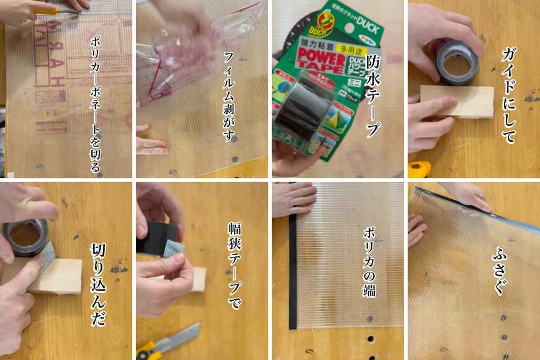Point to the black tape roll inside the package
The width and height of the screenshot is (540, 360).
(302, 112)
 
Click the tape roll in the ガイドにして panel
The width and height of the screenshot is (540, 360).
(457, 61)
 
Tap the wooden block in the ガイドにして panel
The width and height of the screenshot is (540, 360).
(457, 101)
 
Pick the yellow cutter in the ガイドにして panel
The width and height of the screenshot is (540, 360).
(420, 168)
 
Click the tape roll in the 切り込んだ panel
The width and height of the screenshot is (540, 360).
(25, 236)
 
